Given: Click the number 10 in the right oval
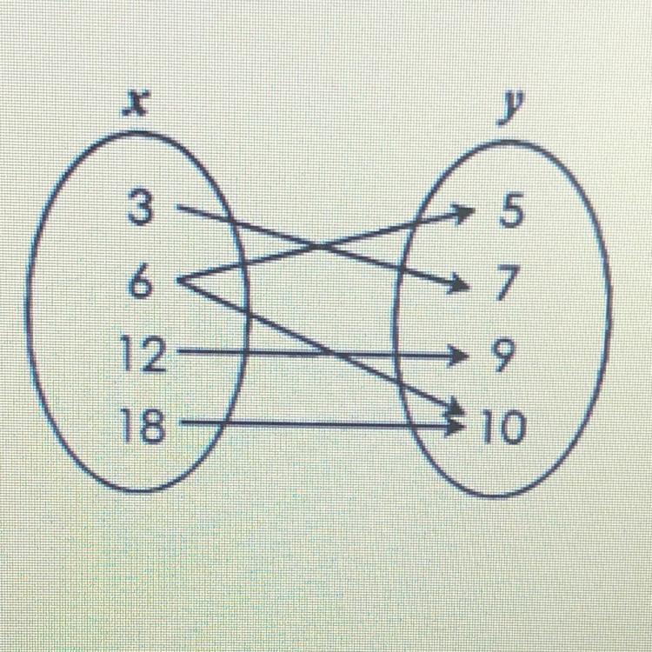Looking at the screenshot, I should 504,426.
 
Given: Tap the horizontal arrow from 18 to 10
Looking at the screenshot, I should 313,425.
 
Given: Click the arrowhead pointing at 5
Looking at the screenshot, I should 466,210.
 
